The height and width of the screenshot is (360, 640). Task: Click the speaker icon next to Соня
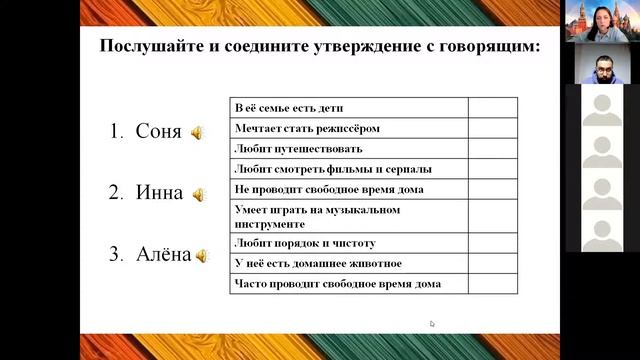197,133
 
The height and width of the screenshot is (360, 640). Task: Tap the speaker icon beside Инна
198,195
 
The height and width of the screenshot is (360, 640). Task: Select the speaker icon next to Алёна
202,256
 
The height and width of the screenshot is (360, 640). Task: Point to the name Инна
159,193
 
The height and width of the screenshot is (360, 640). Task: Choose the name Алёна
163,254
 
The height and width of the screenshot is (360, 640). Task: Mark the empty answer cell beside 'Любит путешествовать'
493,149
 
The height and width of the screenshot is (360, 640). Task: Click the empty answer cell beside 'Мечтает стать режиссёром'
493,129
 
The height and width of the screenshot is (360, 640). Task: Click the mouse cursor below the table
432,324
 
